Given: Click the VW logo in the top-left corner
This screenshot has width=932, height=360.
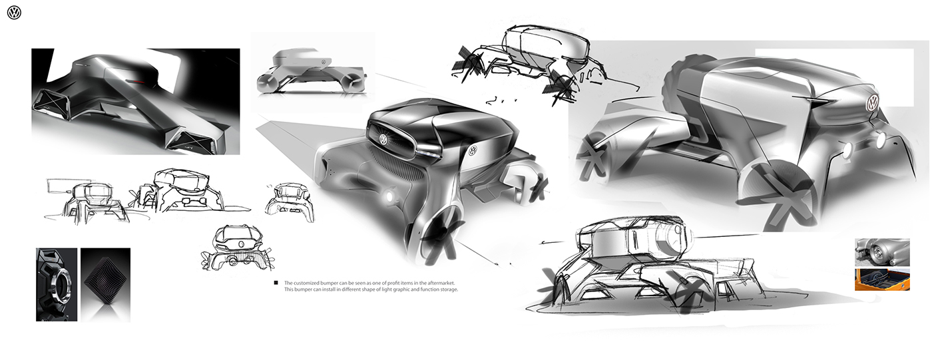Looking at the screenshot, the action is point(14,13).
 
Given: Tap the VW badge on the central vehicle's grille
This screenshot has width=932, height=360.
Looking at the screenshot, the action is point(383,140).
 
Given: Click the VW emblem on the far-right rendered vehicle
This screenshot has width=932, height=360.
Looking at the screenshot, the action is point(871,102).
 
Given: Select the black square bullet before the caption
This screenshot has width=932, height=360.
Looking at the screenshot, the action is point(276,283).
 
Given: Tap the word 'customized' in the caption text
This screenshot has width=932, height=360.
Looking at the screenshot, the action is point(309,283).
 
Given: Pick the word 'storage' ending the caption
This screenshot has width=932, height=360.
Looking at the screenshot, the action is point(447,289).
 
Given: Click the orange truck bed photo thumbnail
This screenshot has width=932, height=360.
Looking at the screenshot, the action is point(881,279).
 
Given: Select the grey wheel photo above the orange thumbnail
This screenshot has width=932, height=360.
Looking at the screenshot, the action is point(881,252).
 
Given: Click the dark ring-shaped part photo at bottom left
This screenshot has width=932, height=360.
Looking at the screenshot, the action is point(57,284).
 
